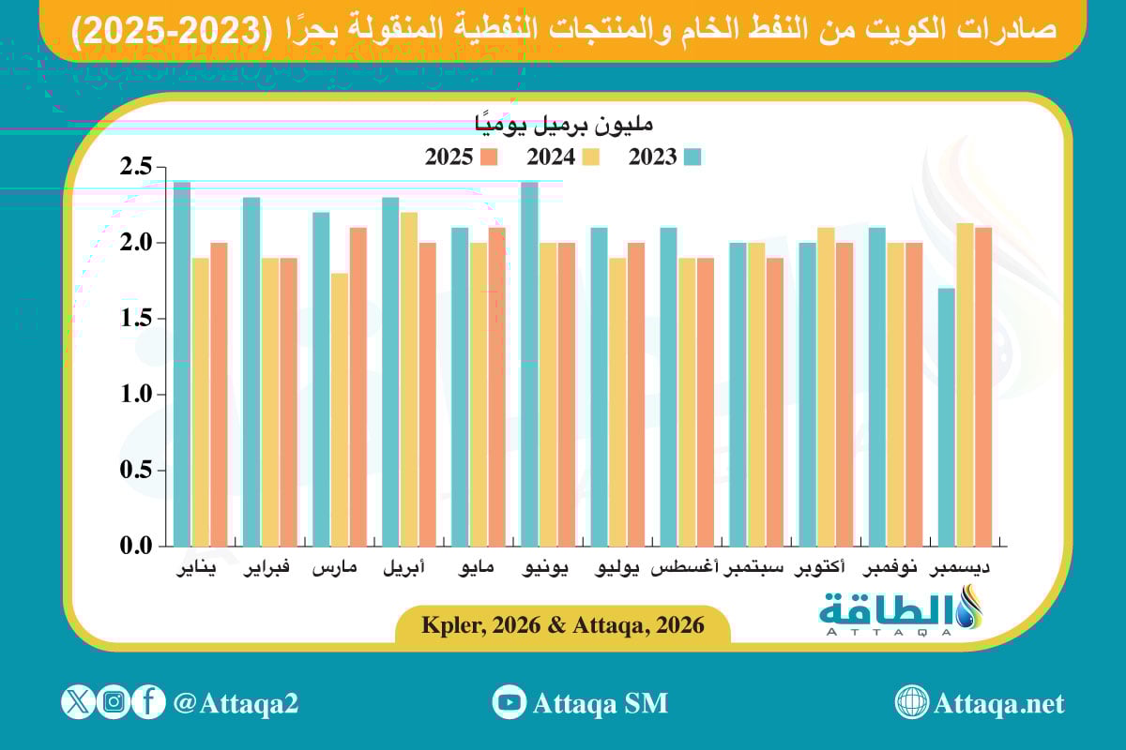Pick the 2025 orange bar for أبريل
(427, 394)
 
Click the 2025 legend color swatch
(488, 157)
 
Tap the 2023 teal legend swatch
(693, 157)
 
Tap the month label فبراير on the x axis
(267, 569)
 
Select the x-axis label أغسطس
(685, 569)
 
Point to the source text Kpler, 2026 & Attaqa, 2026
(563, 625)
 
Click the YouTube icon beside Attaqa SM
(510, 702)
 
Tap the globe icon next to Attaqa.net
(911, 702)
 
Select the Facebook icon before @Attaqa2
(148, 702)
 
